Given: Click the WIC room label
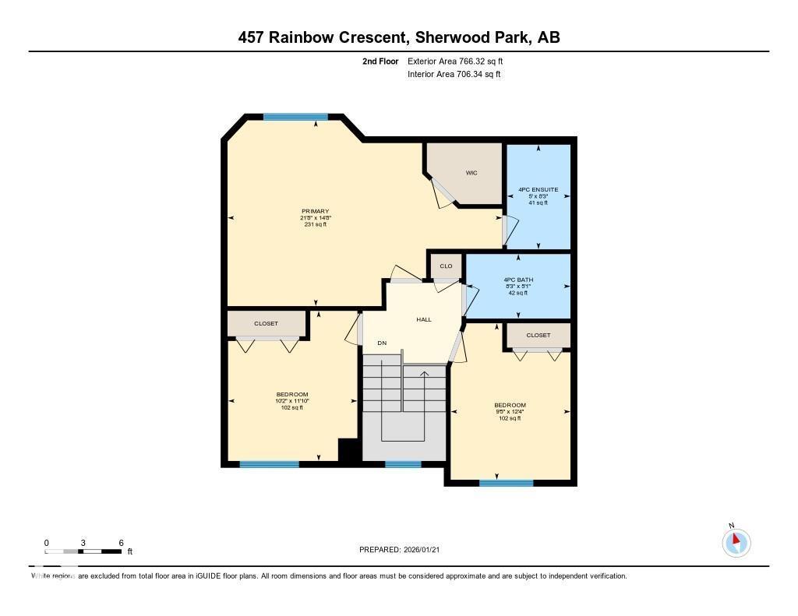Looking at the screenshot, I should [x=471, y=173].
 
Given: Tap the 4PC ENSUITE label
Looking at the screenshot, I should [x=538, y=189].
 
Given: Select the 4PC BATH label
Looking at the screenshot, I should [x=518, y=280].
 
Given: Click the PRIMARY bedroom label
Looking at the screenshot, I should [x=316, y=211].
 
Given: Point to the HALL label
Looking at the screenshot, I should [x=423, y=319].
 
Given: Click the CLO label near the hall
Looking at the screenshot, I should [x=446, y=266].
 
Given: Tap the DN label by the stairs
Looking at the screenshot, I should [x=382, y=343].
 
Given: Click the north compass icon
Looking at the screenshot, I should [x=736, y=541].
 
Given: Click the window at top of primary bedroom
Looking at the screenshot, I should [x=295, y=117].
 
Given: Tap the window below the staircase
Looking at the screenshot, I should [x=403, y=464].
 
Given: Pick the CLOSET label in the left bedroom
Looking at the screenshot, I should [x=266, y=323].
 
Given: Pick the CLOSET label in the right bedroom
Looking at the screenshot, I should [x=538, y=335].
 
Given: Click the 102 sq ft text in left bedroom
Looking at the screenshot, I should [x=292, y=407].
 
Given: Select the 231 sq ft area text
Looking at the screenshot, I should [x=316, y=224].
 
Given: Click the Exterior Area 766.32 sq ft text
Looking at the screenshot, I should [x=459, y=61].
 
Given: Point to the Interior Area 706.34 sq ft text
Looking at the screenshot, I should [x=454, y=75].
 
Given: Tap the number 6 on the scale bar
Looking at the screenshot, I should [x=121, y=543].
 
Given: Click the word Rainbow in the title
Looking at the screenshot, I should [x=360, y=37].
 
